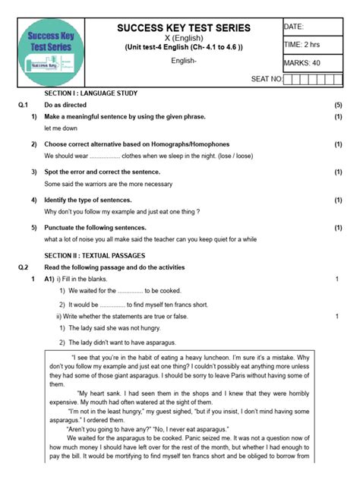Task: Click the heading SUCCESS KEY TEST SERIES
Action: pos(183,28)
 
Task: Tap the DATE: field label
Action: pos(294,27)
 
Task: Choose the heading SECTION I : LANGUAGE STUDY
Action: pos(90,93)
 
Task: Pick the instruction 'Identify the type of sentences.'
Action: pos(92,200)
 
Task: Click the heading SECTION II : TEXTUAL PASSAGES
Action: pos(94,256)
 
